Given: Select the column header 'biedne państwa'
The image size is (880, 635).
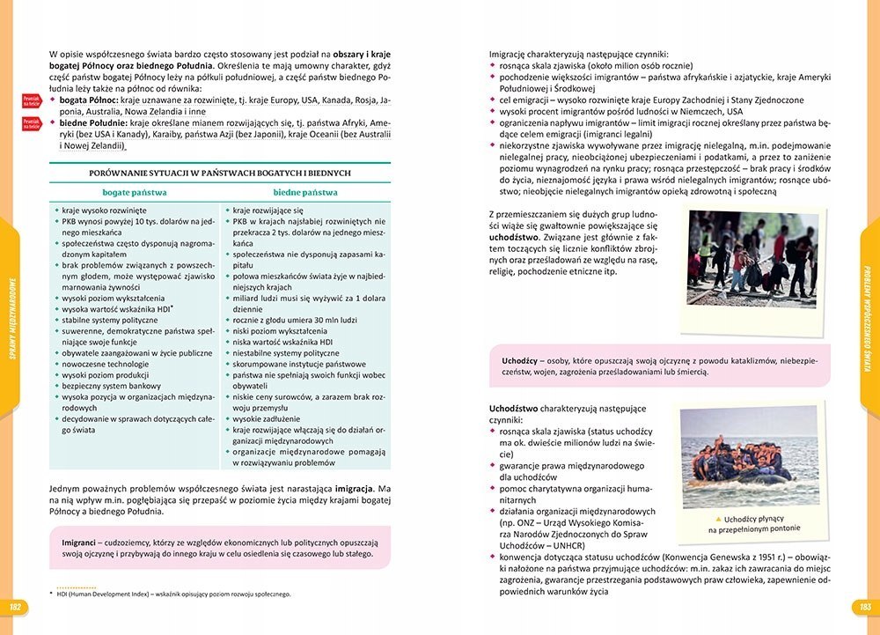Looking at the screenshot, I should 305,192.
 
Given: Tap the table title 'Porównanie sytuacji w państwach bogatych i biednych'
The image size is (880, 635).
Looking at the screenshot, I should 220,174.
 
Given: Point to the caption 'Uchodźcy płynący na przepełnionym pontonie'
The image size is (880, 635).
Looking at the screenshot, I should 754,523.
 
